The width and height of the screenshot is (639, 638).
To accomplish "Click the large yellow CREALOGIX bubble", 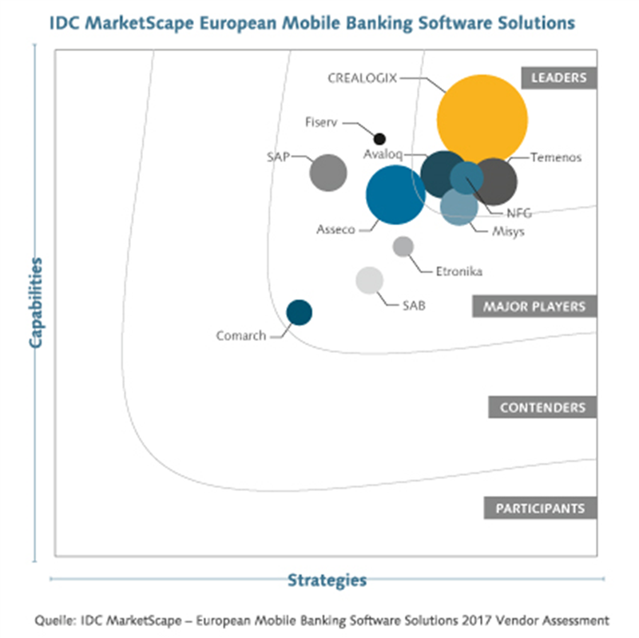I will [482, 119].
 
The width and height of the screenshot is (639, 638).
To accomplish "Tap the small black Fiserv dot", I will [380, 138].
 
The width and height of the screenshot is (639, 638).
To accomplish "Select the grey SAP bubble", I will [327, 172].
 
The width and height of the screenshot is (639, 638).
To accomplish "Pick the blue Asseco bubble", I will [395, 195].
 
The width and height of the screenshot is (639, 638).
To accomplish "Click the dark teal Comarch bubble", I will [299, 312].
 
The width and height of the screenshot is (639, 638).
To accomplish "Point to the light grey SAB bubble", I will [369, 280].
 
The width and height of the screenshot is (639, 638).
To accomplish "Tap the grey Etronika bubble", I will [403, 246].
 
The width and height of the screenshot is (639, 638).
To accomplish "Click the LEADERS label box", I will [559, 77].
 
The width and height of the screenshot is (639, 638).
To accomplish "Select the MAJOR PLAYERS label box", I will [540, 307].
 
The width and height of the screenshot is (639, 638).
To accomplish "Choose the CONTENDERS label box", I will [543, 407].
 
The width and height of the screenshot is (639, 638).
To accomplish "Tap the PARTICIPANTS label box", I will [541, 508].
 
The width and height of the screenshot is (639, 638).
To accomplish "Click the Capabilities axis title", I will [35, 302].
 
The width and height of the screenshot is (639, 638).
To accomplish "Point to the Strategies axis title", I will [327, 580].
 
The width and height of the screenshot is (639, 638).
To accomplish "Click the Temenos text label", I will [556, 157].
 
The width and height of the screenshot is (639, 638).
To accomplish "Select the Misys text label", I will [508, 232].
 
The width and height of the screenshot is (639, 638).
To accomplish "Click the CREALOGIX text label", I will [363, 77].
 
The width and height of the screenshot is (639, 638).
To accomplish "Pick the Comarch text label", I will [240, 336].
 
